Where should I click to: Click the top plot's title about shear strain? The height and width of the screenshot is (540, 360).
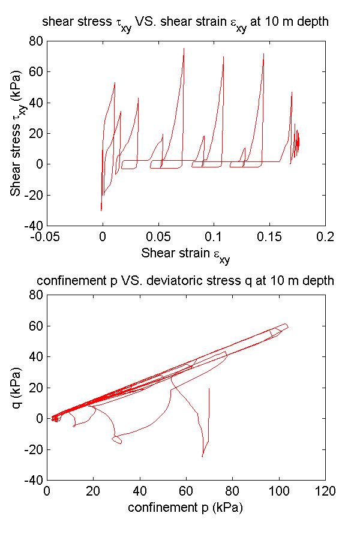[185, 23]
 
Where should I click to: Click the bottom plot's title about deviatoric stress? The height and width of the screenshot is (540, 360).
[185, 281]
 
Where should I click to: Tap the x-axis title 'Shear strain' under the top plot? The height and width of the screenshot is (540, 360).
[185, 254]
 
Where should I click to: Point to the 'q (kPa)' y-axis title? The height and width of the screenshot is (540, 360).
[17, 387]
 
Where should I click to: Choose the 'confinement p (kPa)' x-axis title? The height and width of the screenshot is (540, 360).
[185, 508]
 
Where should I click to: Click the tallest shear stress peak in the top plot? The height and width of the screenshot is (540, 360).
[184, 48]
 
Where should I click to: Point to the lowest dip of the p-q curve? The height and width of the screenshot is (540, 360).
[202, 457]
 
